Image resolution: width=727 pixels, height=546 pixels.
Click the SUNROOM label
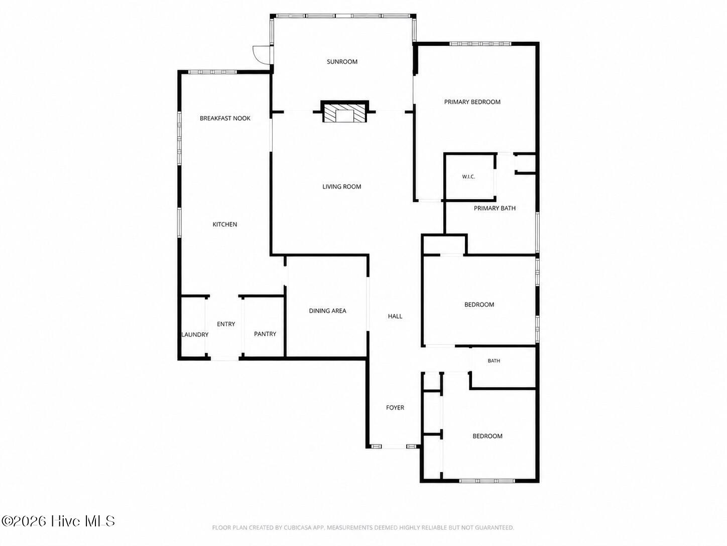tap(342, 62)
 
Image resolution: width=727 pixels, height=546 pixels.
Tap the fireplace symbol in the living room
tap(345, 112)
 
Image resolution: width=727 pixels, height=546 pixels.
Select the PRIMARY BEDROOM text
tap(472, 102)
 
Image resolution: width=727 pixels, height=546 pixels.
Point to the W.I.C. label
tap(468, 176)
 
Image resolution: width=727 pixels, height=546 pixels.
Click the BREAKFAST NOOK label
tap(225, 118)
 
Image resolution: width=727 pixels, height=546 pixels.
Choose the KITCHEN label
tap(224, 224)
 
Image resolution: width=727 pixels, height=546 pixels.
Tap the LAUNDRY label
tap(195, 335)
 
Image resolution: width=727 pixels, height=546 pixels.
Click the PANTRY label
tap(265, 334)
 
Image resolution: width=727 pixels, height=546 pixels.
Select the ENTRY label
tap(226, 324)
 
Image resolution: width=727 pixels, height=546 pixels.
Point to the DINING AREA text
tap(327, 311)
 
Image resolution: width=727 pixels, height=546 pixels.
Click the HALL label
tap(395, 316)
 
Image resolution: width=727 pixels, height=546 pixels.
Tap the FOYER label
tap(395, 407)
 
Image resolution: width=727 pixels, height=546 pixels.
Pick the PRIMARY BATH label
tap(495, 208)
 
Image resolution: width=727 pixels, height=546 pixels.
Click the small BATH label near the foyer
tap(494, 360)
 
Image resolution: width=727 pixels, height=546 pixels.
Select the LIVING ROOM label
tap(341, 187)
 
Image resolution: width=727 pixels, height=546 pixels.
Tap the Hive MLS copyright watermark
tap(58, 521)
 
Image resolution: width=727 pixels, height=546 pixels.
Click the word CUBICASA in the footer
tap(297, 528)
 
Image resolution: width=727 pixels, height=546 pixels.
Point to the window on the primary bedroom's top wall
tap(480, 44)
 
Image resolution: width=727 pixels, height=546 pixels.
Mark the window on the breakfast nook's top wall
tap(212, 71)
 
